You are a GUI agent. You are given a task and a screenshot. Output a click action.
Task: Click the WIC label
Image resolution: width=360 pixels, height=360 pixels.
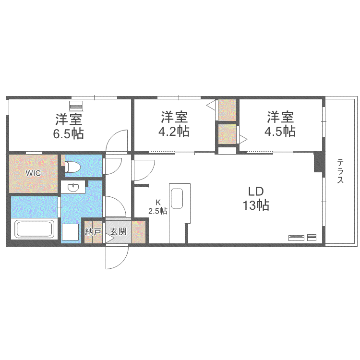(x=33, y=173)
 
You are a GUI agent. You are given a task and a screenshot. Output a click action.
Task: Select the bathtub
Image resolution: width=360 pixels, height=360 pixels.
(x=34, y=229)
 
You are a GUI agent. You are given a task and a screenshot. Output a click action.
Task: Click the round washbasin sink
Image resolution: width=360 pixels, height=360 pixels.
(x=73, y=188)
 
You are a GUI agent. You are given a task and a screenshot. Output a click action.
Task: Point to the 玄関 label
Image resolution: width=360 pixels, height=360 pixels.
(x=118, y=231)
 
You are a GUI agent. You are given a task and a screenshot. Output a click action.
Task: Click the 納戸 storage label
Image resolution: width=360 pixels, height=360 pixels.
(x=93, y=232)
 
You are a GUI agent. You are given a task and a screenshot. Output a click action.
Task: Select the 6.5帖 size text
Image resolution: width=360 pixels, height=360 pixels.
(x=69, y=134)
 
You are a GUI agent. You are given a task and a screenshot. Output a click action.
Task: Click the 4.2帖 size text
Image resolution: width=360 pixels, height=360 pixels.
(x=174, y=132)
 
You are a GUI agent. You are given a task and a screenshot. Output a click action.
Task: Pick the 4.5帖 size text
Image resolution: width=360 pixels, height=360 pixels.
(x=280, y=132)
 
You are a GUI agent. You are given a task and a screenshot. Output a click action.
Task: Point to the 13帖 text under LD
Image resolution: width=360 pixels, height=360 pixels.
(x=256, y=205)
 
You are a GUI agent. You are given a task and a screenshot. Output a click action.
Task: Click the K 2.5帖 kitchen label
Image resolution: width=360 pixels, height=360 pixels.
(x=158, y=207)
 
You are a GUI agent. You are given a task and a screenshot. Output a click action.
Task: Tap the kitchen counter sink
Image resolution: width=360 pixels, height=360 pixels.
(x=177, y=199)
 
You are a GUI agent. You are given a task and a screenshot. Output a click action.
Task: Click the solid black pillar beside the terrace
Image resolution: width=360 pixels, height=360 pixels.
(x=319, y=162)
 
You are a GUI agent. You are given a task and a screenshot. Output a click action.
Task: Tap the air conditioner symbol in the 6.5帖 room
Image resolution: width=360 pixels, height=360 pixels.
(x=76, y=106)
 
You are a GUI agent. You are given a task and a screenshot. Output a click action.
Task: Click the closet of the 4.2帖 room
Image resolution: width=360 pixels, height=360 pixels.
(x=228, y=110)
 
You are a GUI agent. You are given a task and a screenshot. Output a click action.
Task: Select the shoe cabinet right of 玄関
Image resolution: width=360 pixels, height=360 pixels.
(x=138, y=232)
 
